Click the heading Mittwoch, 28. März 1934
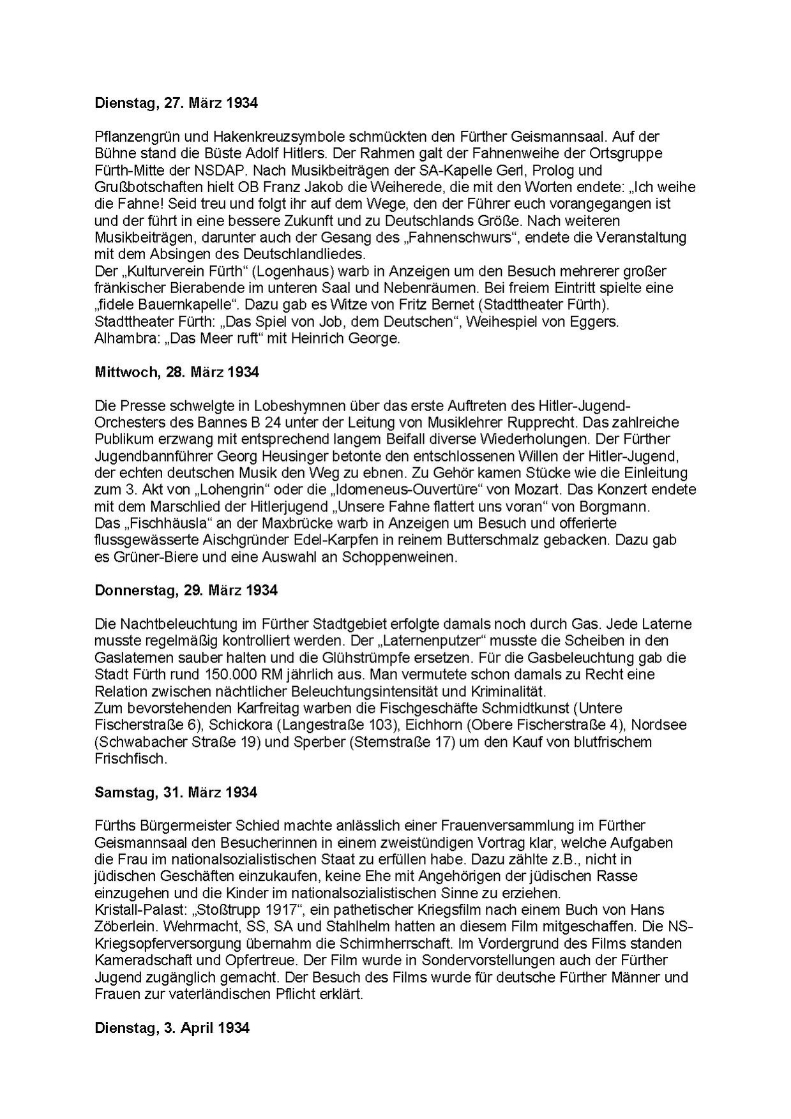[x=177, y=372]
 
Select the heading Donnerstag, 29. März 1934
[x=186, y=590]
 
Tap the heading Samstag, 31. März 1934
[x=176, y=792]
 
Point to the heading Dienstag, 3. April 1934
[x=172, y=1028]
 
